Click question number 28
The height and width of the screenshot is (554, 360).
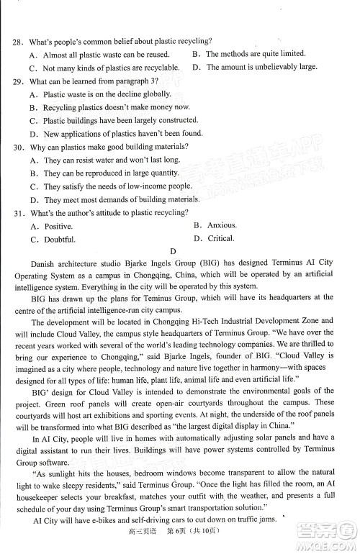17,42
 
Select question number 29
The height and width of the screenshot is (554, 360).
17,81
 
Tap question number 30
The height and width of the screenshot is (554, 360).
17,147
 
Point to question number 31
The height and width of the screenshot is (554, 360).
17,212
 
